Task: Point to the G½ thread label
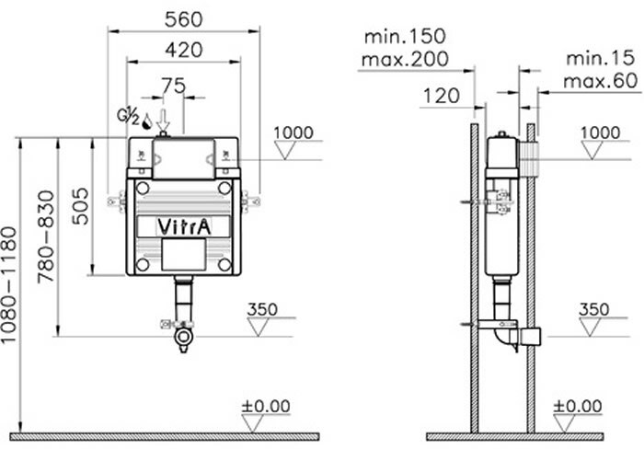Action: (x=127, y=117)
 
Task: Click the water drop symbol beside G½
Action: (x=147, y=119)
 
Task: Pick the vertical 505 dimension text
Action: (x=80, y=207)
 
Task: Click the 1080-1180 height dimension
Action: (x=10, y=284)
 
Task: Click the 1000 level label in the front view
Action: (x=294, y=132)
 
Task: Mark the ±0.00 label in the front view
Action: (x=266, y=405)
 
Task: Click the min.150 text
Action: (x=405, y=37)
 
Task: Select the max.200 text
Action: (x=406, y=59)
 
